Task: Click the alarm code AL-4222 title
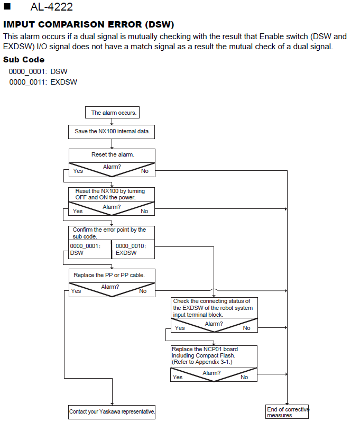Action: pyautogui.click(x=52, y=7)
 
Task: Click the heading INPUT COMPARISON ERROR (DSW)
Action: pyautogui.click(x=89, y=24)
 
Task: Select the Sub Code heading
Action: pyautogui.click(x=24, y=59)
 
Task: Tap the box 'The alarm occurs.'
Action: pyautogui.click(x=112, y=113)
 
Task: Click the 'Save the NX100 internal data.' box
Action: pyautogui.click(x=112, y=132)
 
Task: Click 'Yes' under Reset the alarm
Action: pyautogui.click(x=78, y=171)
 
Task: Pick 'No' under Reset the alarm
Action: pyautogui.click(x=145, y=171)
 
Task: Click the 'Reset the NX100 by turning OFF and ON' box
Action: pyautogui.click(x=112, y=194)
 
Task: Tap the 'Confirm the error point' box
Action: pyautogui.click(x=112, y=233)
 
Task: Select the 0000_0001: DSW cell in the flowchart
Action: pyautogui.click(x=90, y=249)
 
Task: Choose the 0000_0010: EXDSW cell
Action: pyautogui.click(x=133, y=249)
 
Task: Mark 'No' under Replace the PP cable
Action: pyautogui.click(x=143, y=291)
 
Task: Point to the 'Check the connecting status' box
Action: pyautogui.click(x=215, y=308)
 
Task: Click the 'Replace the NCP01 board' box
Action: pyautogui.click(x=214, y=356)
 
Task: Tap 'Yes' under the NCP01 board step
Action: pyautogui.click(x=178, y=377)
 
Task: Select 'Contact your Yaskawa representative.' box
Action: pyautogui.click(x=112, y=412)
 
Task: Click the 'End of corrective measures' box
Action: pyautogui.click(x=287, y=411)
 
